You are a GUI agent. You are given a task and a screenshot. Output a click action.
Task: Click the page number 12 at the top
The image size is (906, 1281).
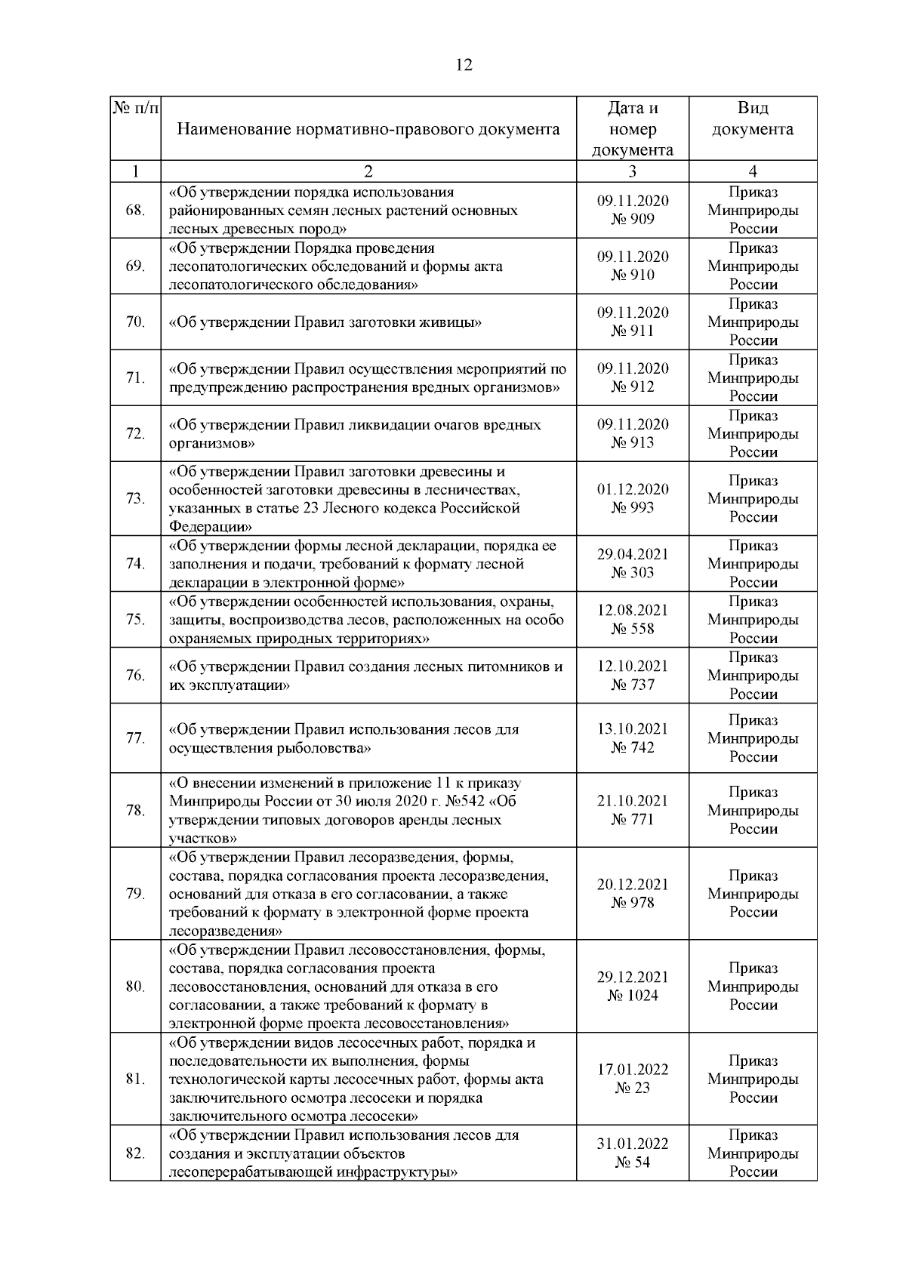464,66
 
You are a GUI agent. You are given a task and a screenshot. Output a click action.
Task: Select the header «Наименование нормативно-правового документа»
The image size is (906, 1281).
368,129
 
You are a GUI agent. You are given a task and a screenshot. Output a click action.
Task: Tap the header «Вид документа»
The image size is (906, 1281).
753,119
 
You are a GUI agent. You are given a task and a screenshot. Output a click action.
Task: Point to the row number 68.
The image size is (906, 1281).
135,210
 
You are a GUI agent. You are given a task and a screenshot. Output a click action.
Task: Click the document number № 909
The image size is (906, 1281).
633,220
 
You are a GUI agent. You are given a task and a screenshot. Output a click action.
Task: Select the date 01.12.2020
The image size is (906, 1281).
633,489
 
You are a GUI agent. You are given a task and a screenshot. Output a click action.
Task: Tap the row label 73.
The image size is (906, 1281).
135,498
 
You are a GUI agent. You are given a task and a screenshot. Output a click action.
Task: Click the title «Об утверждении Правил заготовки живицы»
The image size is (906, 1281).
325,322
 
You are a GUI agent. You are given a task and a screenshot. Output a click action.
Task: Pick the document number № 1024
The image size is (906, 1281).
633,996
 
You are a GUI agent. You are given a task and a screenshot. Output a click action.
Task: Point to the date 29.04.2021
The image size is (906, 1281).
633,554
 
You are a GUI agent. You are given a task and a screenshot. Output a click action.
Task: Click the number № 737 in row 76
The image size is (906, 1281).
633,685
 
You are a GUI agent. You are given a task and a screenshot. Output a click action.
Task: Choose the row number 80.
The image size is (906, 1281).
135,986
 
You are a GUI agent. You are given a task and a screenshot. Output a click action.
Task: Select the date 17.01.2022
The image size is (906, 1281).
633,1070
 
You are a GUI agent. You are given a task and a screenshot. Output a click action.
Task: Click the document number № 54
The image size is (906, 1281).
633,1162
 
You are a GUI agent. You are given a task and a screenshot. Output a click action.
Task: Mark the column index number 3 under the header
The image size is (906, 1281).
633,171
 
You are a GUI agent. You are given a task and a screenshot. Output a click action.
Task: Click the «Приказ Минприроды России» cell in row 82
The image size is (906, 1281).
753,1153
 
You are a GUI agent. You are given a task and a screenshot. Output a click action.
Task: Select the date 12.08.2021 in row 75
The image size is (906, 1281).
633,610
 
